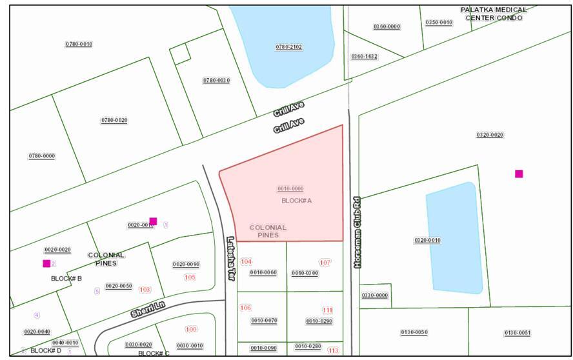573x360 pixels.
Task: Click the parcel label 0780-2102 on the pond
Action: click(289, 47)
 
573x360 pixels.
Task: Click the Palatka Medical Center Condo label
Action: click(493, 14)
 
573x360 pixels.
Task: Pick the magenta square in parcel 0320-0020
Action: click(519, 174)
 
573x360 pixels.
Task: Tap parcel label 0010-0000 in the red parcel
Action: click(290, 188)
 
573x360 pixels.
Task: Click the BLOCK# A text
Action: click(297, 201)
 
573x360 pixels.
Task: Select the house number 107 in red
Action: click(325, 263)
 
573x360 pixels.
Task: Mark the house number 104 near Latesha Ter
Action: click(246, 261)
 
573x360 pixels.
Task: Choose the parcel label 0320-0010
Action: click(427, 240)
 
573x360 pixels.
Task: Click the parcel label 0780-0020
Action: click(114, 121)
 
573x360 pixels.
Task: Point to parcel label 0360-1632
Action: click(364, 57)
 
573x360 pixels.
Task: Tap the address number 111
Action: click(328, 310)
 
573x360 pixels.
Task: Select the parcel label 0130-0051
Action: click(517, 333)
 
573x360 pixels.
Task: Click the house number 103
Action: click(145, 290)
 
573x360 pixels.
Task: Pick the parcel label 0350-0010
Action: click(439, 23)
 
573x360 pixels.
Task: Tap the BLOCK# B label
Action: click(66, 279)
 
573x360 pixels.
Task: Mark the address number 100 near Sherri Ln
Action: click(191, 329)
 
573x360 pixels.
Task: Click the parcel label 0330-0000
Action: click(375, 295)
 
